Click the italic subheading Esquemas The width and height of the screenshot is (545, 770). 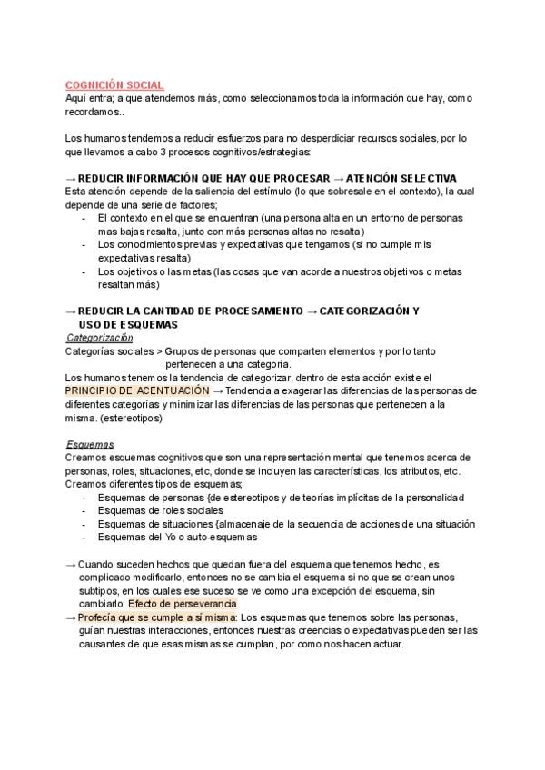[89, 444]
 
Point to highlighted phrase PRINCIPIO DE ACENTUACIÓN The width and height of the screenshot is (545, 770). [136, 390]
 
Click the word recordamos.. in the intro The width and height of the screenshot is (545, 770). [95, 111]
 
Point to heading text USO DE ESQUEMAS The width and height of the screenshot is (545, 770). [128, 323]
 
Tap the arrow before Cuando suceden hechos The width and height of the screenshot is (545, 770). [71, 564]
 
